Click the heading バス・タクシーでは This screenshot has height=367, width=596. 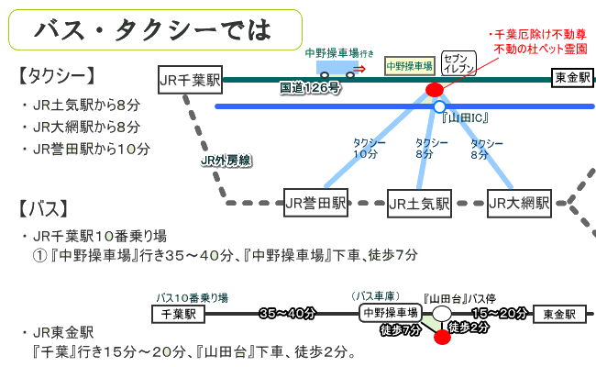point(152,29)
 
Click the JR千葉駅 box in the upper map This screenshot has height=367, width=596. point(191,79)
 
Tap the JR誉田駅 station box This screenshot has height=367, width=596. point(315,202)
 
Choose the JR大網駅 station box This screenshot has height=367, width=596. point(519,202)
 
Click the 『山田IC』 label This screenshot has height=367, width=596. point(465,119)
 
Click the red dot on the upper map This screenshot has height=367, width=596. point(435,90)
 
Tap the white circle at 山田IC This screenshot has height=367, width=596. point(439,106)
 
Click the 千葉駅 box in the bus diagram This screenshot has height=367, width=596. point(178,314)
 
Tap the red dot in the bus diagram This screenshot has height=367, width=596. point(442,336)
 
